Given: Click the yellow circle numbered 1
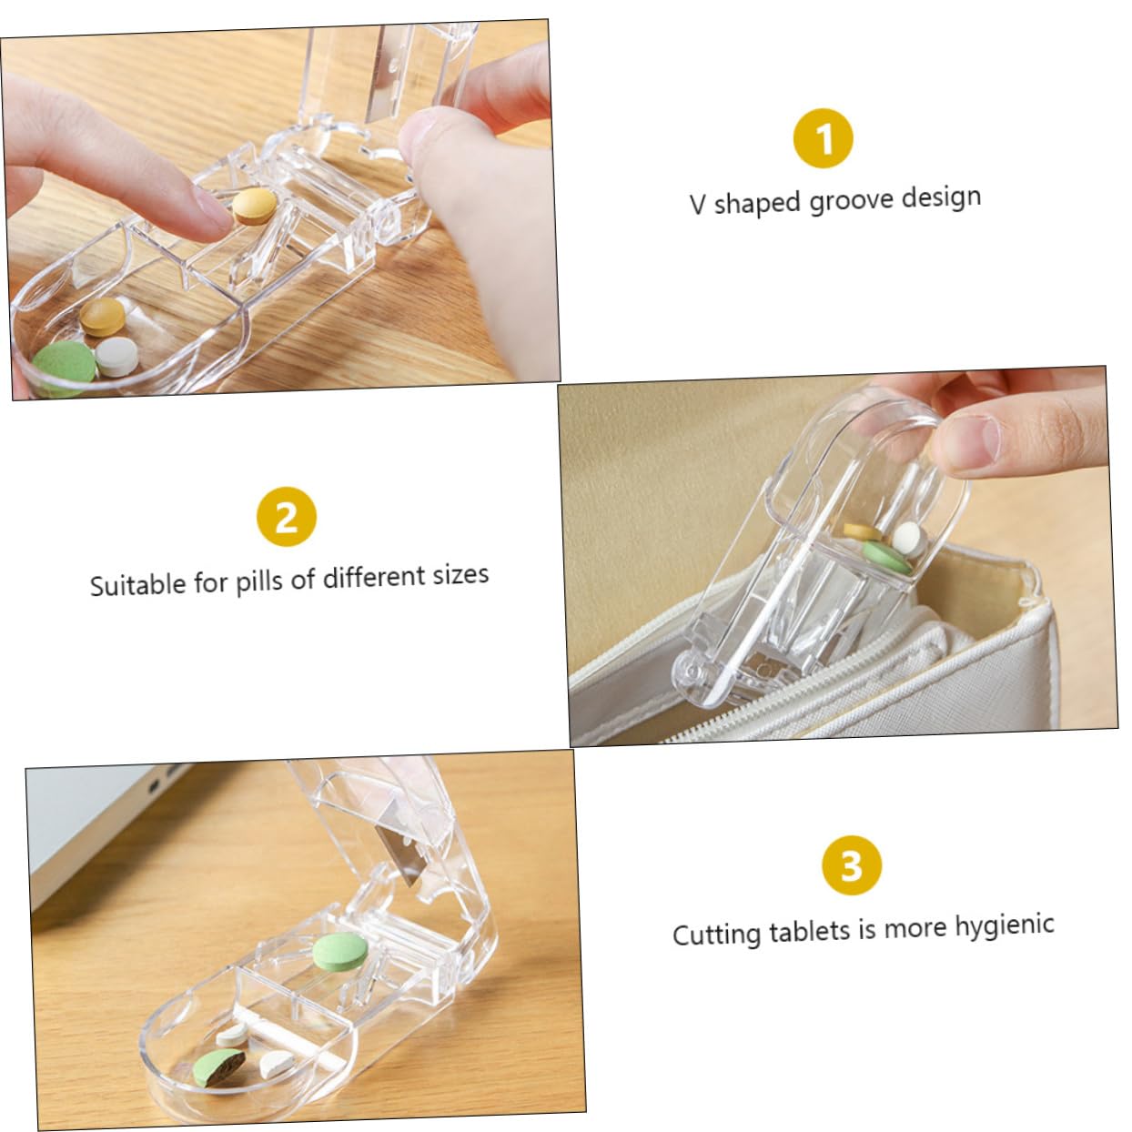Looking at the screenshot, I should pyautogui.click(x=823, y=139).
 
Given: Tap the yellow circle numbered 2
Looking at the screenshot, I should pyautogui.click(x=287, y=517).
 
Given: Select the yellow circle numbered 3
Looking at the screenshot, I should pyautogui.click(x=851, y=865).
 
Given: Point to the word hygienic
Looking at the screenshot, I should pyautogui.click(x=1005, y=927).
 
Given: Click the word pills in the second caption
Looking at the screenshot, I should pyautogui.click(x=260, y=581).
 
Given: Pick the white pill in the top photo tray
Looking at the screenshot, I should pyautogui.click(x=117, y=356).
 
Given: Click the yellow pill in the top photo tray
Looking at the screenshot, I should pyautogui.click(x=102, y=316).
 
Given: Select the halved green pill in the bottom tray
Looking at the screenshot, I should pyautogui.click(x=218, y=1066).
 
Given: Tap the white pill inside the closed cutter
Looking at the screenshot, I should pyautogui.click(x=909, y=539).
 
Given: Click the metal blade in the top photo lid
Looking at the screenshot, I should pyautogui.click(x=382, y=86).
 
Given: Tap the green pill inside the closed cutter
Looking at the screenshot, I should pyautogui.click(x=886, y=556).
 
